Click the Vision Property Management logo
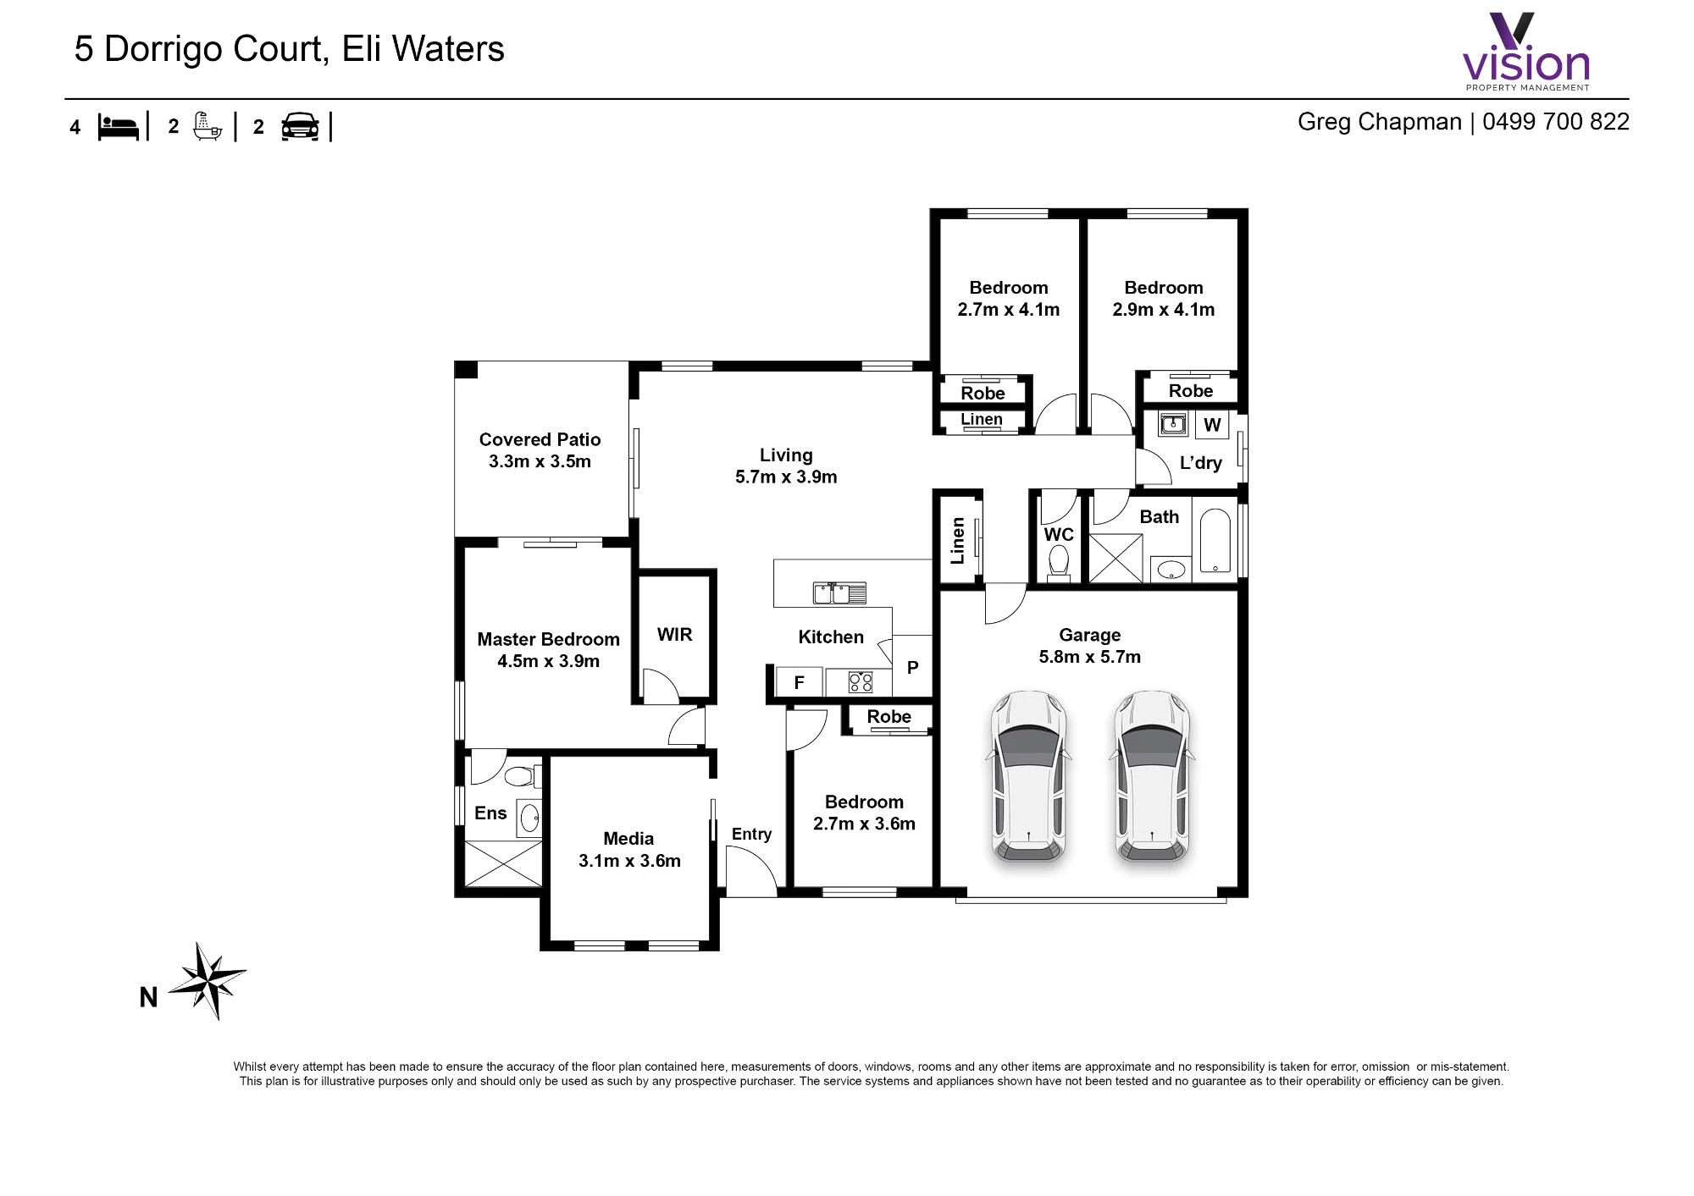[1526, 52]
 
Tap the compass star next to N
[208, 981]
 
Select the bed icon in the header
[118, 127]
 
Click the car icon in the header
[300, 127]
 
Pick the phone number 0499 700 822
[1555, 122]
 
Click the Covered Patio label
[540, 440]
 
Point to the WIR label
[674, 635]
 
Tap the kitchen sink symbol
[839, 592]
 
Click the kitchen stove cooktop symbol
[861, 682]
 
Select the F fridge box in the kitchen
[798, 682]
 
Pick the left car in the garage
[1029, 776]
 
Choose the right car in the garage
[1152, 776]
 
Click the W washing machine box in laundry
[1212, 425]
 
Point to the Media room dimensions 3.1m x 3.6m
[629, 861]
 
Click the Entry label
[751, 835]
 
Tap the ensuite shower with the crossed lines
[503, 863]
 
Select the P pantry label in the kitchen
[912, 667]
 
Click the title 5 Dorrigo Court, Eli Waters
[289, 49]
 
